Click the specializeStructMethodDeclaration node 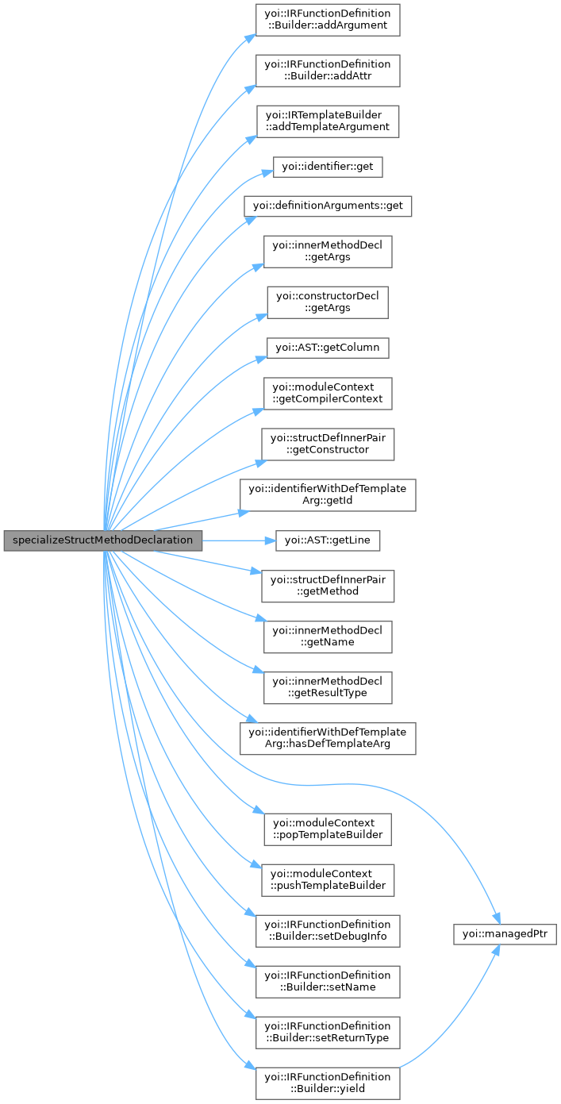103,540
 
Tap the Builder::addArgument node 327,20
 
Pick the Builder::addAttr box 327,71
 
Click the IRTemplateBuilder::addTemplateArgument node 327,121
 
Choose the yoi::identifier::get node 328,167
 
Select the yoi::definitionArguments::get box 328,206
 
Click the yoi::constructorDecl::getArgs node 327,302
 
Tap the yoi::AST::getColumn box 328,348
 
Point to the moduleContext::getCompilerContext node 327,393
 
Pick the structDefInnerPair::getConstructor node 327,444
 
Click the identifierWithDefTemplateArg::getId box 327,494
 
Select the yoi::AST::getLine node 328,540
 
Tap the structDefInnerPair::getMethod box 327,585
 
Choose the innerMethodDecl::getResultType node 327,687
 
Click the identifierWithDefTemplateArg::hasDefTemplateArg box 327,737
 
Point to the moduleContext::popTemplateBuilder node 327,828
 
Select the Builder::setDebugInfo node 327,930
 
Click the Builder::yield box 327,1083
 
